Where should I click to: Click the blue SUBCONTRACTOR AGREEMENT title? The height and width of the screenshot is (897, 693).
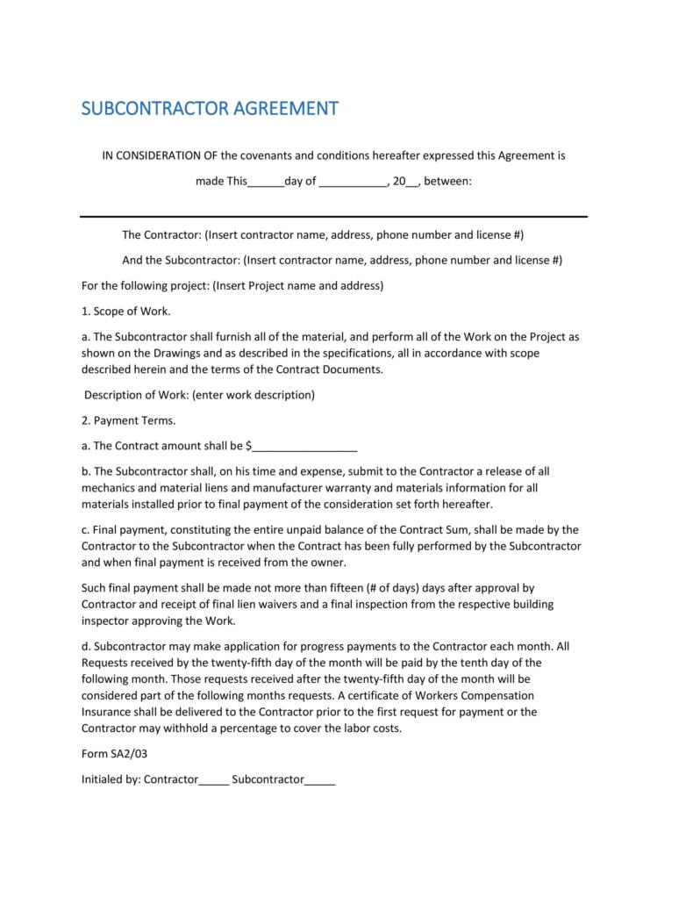(x=209, y=109)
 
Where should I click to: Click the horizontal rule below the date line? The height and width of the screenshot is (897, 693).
(x=333, y=216)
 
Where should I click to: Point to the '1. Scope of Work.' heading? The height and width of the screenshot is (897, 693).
(x=126, y=311)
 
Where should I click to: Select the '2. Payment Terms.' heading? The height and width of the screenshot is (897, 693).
(x=129, y=420)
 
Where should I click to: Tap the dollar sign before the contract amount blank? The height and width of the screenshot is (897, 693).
(x=248, y=446)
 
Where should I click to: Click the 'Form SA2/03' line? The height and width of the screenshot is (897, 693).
(x=110, y=753)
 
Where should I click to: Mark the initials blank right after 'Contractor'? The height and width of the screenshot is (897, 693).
(x=214, y=779)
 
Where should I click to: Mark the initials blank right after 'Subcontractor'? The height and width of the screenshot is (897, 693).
(x=319, y=779)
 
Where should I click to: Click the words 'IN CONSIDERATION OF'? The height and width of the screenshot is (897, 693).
(x=160, y=156)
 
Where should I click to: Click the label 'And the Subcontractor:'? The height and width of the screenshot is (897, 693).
(x=181, y=261)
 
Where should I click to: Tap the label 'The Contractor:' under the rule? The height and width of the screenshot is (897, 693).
(x=161, y=235)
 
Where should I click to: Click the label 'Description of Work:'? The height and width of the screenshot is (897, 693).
(x=137, y=395)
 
